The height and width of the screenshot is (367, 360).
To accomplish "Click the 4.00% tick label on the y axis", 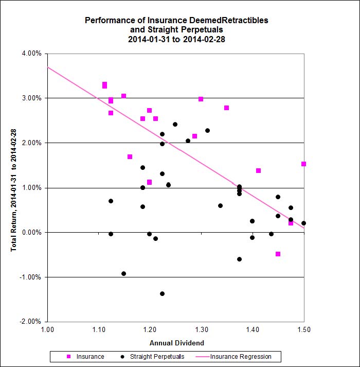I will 32,54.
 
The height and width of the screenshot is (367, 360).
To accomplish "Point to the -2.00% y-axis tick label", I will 31,322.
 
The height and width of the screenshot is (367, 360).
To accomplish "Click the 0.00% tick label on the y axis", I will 32,232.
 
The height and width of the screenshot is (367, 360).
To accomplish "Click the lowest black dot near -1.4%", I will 162,293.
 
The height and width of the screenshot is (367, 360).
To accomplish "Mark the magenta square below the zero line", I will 278,254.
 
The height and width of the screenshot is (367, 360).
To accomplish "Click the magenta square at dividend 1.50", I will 303,164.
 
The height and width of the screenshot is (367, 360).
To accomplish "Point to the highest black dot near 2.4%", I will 175,124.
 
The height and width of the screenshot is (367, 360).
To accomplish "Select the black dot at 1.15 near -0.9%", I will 123,273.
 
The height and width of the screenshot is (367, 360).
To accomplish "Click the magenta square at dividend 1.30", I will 201,99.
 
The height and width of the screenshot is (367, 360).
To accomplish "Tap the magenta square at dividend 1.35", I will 226,108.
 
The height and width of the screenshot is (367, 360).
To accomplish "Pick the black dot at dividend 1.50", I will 303,223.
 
